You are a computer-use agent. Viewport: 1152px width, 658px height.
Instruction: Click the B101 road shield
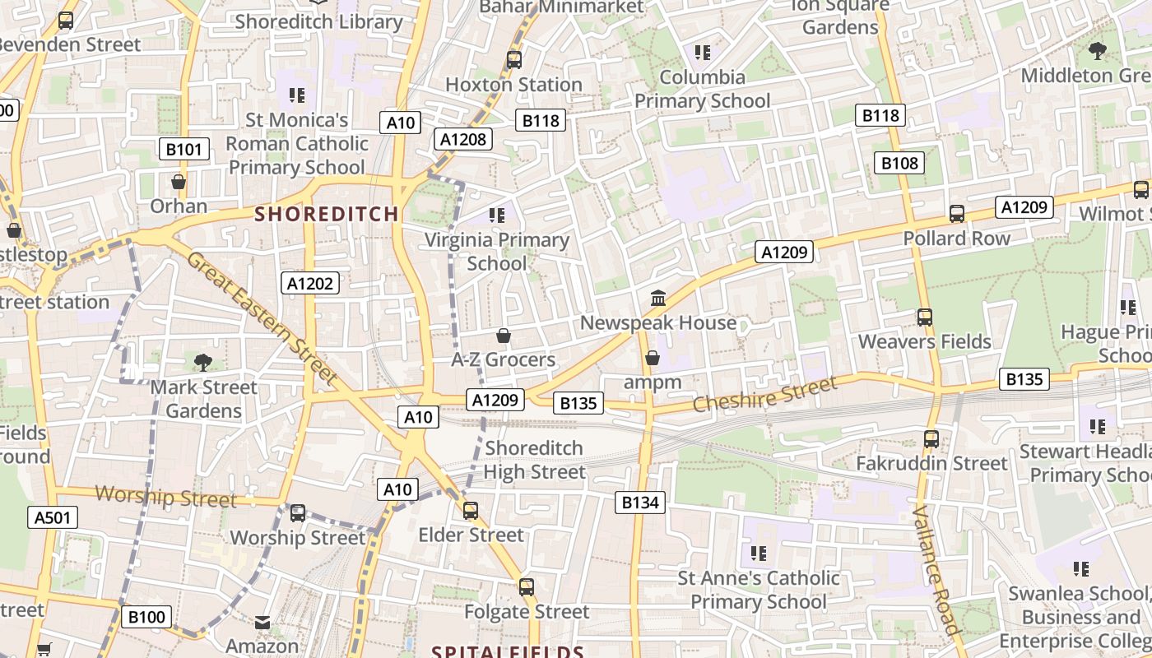pyautogui.click(x=183, y=149)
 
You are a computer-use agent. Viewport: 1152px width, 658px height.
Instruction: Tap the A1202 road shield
pyautogui.click(x=310, y=284)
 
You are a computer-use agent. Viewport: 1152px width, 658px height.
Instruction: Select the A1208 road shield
pyautogui.click(x=463, y=139)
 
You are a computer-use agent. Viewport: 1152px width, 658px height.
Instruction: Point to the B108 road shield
pyautogui.click(x=899, y=163)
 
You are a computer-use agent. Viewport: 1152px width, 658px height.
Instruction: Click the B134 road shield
pyautogui.click(x=639, y=502)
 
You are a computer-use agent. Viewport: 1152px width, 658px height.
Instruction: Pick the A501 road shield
pyautogui.click(x=53, y=517)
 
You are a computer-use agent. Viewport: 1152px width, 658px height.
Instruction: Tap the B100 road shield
pyautogui.click(x=147, y=617)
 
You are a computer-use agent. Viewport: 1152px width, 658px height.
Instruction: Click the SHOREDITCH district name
pyautogui.click(x=327, y=214)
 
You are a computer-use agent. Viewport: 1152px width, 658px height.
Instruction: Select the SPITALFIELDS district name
pyautogui.click(x=508, y=652)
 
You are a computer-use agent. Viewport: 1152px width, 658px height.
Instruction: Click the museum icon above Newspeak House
pyautogui.click(x=657, y=298)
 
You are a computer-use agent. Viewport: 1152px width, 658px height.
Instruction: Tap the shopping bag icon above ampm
pyautogui.click(x=653, y=358)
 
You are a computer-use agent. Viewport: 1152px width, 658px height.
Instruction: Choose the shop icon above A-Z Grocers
pyautogui.click(x=503, y=336)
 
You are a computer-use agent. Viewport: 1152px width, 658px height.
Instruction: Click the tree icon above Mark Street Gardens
pyautogui.click(x=203, y=362)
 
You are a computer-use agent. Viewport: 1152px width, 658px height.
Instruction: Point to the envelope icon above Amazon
pyautogui.click(x=262, y=623)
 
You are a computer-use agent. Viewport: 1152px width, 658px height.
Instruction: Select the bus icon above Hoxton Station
pyautogui.click(x=513, y=59)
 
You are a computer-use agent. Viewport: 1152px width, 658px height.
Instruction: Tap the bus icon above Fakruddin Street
pyautogui.click(x=931, y=439)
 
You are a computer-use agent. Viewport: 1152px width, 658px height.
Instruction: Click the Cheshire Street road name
pyautogui.click(x=764, y=393)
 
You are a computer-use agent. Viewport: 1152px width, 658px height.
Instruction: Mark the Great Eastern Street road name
pyautogui.click(x=262, y=317)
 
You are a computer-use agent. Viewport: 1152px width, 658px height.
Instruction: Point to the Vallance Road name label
pyautogui.click(x=936, y=570)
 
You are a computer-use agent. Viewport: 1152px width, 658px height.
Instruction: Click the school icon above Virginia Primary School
pyautogui.click(x=496, y=215)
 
